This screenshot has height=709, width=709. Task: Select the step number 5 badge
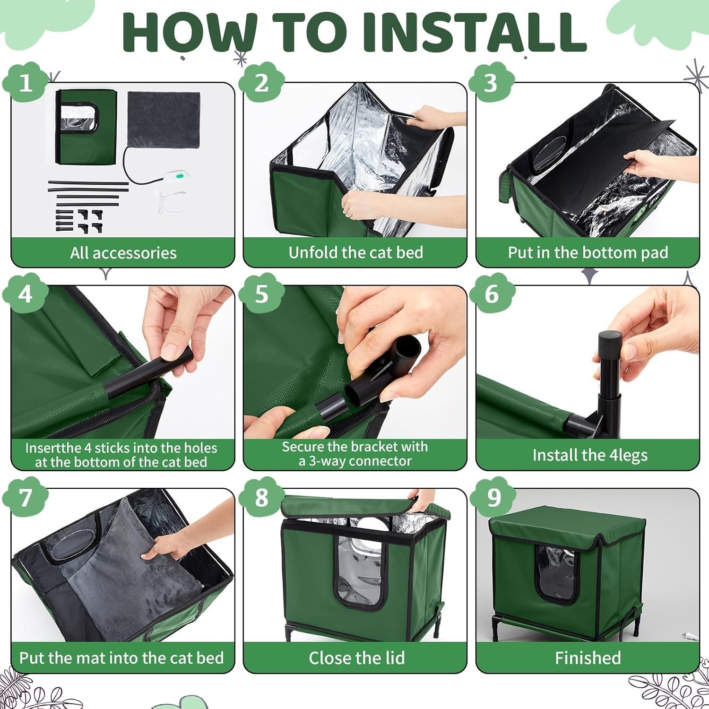(x=261, y=294)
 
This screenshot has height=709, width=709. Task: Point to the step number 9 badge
(x=493, y=497)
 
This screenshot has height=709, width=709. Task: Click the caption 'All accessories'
(x=123, y=253)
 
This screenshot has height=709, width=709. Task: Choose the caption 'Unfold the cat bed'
(x=355, y=253)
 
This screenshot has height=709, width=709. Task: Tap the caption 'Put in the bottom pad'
(x=588, y=253)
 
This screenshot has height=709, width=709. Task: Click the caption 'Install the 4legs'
(x=590, y=455)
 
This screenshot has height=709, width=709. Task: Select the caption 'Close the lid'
(x=357, y=658)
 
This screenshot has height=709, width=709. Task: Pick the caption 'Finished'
(x=588, y=658)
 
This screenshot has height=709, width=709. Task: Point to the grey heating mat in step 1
(x=164, y=119)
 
